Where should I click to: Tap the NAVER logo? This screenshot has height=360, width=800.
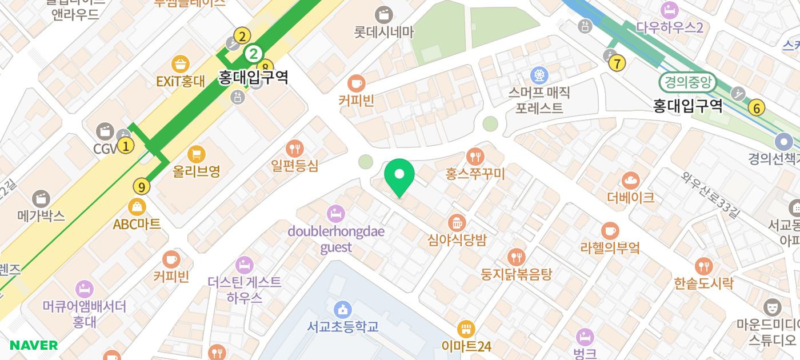coord(34,345)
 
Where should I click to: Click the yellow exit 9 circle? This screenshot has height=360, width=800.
coord(141,186)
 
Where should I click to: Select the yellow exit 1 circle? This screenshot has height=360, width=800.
coord(126,145)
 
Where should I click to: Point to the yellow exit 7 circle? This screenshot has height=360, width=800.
coord(617,63)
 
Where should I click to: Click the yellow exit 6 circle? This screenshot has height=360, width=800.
coord(757,107)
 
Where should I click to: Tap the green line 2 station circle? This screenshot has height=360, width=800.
coord(253,54)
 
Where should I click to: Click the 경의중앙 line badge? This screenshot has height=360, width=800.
coord(687,82)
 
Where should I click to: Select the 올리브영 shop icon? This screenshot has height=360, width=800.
coord(197,154)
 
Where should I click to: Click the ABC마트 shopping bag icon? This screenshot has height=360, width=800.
coord(137,207)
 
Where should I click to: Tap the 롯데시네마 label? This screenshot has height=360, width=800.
coord(383,32)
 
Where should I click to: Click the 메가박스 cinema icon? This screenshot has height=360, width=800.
coord(41,199)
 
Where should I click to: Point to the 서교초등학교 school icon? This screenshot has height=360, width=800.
coord(342,310)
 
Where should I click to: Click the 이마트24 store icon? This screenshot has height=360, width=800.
coord(466,329)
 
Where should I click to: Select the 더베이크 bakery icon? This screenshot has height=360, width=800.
coord(631,181)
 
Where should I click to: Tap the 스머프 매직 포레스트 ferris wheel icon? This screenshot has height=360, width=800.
coord(539,75)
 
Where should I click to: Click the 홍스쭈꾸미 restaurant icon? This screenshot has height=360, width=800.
coord(475,156)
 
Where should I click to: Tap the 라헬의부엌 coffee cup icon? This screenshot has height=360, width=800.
coord(610,231)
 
